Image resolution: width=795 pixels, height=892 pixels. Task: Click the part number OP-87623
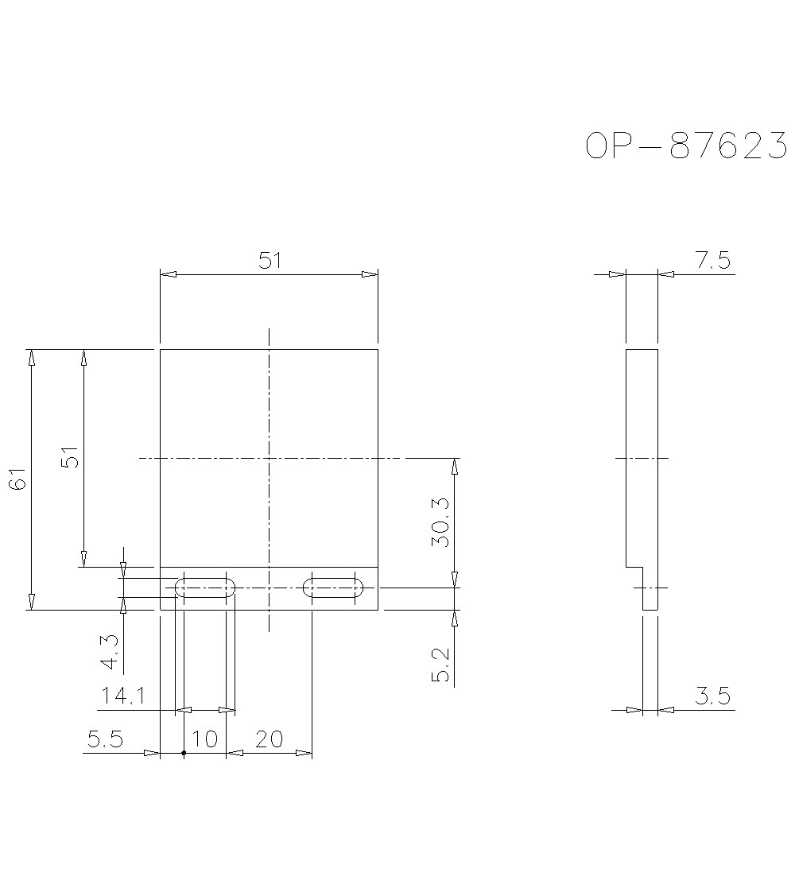(x=686, y=146)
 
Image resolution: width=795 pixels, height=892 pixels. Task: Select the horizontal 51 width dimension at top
(x=270, y=261)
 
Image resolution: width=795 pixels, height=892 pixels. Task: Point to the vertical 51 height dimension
(x=72, y=457)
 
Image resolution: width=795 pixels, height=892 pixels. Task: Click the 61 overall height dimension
(x=18, y=479)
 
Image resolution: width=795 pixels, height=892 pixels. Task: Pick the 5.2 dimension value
(x=442, y=665)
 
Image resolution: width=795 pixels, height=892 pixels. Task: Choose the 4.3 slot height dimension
(x=110, y=651)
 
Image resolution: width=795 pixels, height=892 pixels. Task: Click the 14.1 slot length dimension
(x=122, y=696)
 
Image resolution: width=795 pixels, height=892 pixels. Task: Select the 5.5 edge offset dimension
(x=105, y=739)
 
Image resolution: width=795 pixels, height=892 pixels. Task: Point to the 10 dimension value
(x=205, y=739)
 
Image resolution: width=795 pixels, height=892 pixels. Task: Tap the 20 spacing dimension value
(x=270, y=739)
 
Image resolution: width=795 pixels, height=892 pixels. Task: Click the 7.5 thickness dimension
(x=712, y=261)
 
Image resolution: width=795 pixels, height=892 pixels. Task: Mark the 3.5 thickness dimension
(x=712, y=696)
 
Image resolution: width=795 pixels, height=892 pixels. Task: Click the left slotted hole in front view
(x=205, y=588)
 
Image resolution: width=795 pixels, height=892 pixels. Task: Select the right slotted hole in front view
(x=333, y=588)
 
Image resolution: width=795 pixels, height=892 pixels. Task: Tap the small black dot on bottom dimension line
(x=184, y=752)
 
